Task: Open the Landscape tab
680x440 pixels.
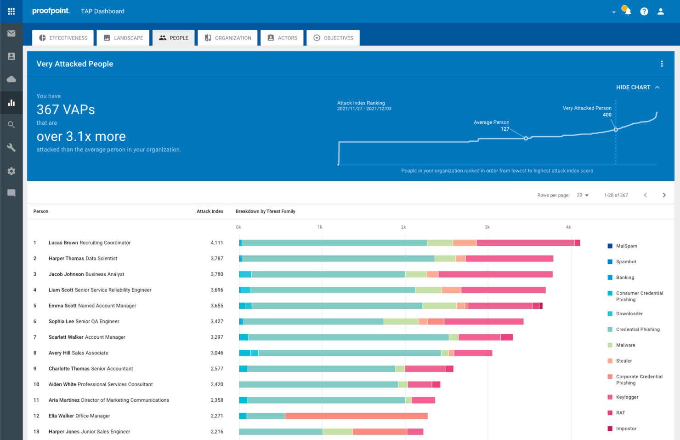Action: (123, 38)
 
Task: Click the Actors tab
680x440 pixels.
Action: (282, 38)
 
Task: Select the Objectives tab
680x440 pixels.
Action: (333, 38)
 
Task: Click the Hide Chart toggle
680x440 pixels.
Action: (638, 87)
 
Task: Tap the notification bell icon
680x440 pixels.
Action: (628, 12)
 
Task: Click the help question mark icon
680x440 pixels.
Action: (644, 12)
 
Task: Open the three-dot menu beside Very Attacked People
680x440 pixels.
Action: (662, 64)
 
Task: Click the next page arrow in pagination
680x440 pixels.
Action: (664, 195)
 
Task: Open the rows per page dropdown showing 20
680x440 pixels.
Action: (583, 195)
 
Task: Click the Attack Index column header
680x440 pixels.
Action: (210, 212)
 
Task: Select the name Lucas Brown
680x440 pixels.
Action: (63, 243)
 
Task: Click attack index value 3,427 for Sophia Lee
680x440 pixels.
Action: (217, 322)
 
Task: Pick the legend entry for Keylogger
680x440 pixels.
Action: (627, 397)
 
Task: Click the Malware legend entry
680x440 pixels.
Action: (625, 345)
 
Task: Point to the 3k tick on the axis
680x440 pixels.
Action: (487, 227)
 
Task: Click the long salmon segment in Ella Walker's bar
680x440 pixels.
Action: (356, 416)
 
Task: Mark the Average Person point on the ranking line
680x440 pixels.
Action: (526, 138)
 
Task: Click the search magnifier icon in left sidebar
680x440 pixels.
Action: (11, 125)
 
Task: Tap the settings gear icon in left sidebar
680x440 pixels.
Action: (11, 171)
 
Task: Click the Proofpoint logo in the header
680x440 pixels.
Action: (51, 11)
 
